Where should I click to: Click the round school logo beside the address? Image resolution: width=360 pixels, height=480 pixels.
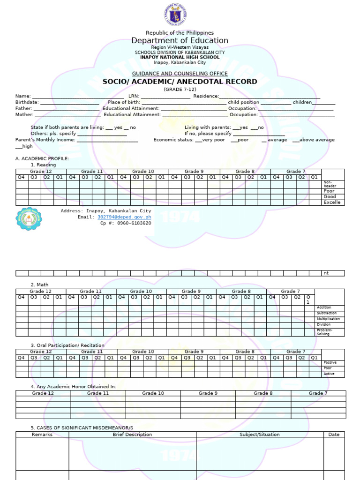[29, 219]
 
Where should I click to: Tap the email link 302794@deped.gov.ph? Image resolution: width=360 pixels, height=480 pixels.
[124, 217]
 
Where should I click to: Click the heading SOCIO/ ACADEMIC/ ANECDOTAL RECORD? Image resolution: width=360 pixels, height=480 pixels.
[180, 82]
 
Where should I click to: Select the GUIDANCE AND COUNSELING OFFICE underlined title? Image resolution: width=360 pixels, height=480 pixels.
[180, 74]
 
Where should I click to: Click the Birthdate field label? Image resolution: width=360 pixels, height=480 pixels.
[26, 102]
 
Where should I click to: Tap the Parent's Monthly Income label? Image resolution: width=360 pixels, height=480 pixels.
[45, 140]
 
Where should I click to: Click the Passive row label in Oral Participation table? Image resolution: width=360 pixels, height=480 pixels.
[330, 363]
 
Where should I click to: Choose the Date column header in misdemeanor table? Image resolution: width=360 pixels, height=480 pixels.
[334, 435]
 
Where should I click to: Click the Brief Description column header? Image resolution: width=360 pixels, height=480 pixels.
[132, 435]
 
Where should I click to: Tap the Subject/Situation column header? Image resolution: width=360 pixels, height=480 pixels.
[259, 435]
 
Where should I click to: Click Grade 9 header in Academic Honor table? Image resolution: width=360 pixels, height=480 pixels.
[208, 393]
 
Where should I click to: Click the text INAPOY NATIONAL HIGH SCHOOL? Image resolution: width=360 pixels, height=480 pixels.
[180, 57]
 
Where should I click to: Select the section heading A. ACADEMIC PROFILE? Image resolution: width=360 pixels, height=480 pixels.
[42, 158]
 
